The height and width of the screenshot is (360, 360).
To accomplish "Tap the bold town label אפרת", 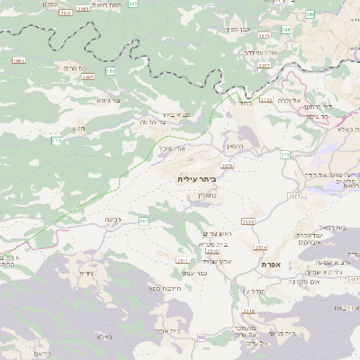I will [272, 265].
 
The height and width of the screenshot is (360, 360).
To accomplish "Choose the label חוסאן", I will [235, 145].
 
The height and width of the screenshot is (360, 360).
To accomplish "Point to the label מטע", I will [79, 128].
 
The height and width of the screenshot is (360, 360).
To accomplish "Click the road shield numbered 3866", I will [19, 61].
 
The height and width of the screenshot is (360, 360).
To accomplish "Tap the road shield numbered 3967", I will [87, 77].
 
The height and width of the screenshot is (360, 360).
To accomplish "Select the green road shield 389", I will [111, 70].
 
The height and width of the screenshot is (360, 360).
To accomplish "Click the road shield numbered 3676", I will [227, 166].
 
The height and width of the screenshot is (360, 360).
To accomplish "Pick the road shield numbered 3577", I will [294, 195].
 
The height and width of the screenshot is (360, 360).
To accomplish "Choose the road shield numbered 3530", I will [248, 221].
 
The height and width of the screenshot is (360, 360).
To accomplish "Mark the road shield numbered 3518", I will [183, 261].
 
